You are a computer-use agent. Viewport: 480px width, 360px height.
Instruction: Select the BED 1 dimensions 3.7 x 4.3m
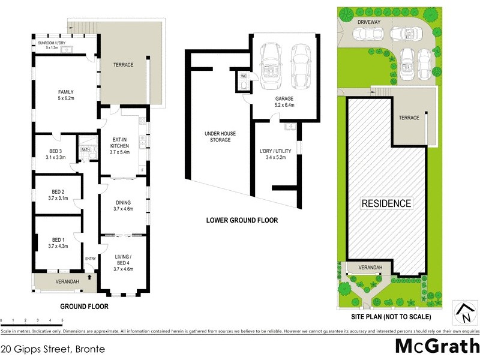click(x=58, y=245)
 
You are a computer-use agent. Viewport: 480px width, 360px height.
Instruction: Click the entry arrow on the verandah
click(x=89, y=277)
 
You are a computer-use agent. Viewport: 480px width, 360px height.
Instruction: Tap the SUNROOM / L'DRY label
click(x=52, y=43)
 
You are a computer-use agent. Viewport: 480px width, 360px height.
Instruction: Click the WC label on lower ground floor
click(x=243, y=77)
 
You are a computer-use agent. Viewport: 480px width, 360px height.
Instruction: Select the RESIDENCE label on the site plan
click(x=386, y=203)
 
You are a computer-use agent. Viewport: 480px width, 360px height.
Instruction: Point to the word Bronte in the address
click(x=91, y=349)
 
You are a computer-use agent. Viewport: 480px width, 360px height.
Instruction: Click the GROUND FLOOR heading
click(x=84, y=306)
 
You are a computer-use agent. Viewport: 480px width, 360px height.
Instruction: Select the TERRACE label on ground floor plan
click(x=122, y=65)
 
